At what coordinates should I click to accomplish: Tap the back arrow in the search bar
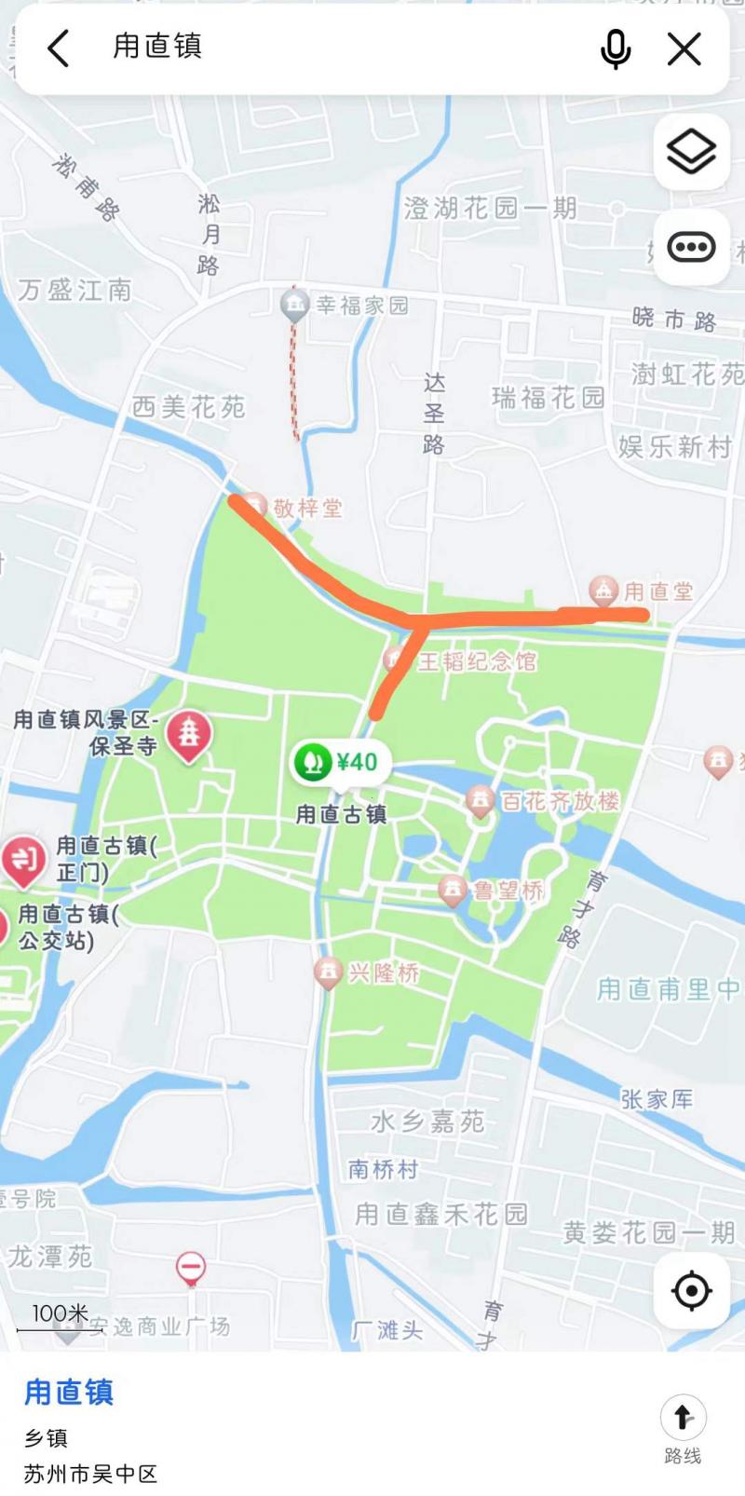point(59,48)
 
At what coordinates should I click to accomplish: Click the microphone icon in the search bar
point(616,48)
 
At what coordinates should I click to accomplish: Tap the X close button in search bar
point(684,48)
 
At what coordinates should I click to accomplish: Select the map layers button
point(691,151)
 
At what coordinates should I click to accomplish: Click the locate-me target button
point(691,1291)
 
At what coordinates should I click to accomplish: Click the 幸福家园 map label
point(362,306)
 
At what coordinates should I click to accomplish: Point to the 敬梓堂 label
point(307,508)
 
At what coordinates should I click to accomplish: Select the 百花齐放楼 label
point(560,800)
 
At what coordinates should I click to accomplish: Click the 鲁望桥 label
point(508,891)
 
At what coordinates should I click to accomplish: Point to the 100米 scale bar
point(61,1317)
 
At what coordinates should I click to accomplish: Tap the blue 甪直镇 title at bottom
point(69,1393)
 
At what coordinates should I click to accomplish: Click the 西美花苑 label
point(188,406)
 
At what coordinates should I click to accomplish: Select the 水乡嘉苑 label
point(427,1122)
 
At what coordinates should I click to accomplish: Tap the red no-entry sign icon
point(191,1267)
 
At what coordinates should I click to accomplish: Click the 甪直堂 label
point(657,591)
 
